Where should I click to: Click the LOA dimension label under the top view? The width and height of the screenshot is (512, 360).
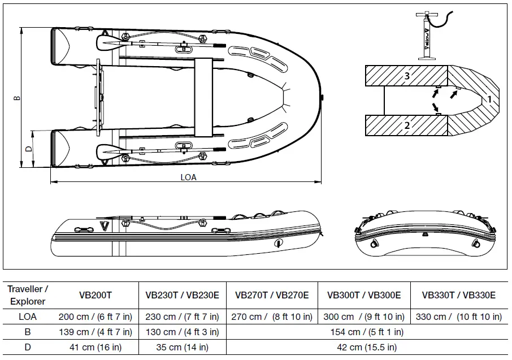click(188, 177)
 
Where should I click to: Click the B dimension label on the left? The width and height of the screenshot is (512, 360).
click(18, 97)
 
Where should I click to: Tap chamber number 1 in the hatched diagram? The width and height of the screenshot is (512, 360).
click(489, 99)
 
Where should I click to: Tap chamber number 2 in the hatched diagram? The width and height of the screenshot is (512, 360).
click(407, 125)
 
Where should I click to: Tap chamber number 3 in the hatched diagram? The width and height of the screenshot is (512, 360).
click(407, 75)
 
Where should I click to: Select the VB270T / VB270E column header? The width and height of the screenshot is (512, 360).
click(272, 295)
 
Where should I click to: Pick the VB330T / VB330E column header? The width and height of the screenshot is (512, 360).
click(459, 295)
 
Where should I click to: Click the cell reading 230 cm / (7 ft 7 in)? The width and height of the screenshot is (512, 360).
click(182, 317)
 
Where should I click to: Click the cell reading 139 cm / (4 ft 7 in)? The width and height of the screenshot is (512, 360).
click(95, 332)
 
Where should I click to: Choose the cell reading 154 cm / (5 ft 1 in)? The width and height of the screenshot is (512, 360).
click(366, 332)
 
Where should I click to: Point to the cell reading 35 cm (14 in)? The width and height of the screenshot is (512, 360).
click(182, 347)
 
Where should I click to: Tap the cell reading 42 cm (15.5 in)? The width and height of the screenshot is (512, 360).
click(366, 347)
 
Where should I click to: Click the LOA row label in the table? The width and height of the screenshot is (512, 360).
click(28, 317)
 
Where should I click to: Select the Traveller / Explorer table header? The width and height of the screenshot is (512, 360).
click(28, 295)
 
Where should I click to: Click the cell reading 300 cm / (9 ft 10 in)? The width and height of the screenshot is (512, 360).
click(365, 317)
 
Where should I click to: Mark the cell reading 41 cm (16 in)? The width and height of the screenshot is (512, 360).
click(95, 347)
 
